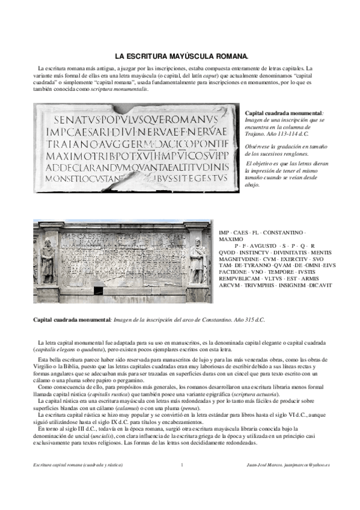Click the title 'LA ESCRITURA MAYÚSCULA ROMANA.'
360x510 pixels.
pyautogui.click(x=179, y=56)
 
